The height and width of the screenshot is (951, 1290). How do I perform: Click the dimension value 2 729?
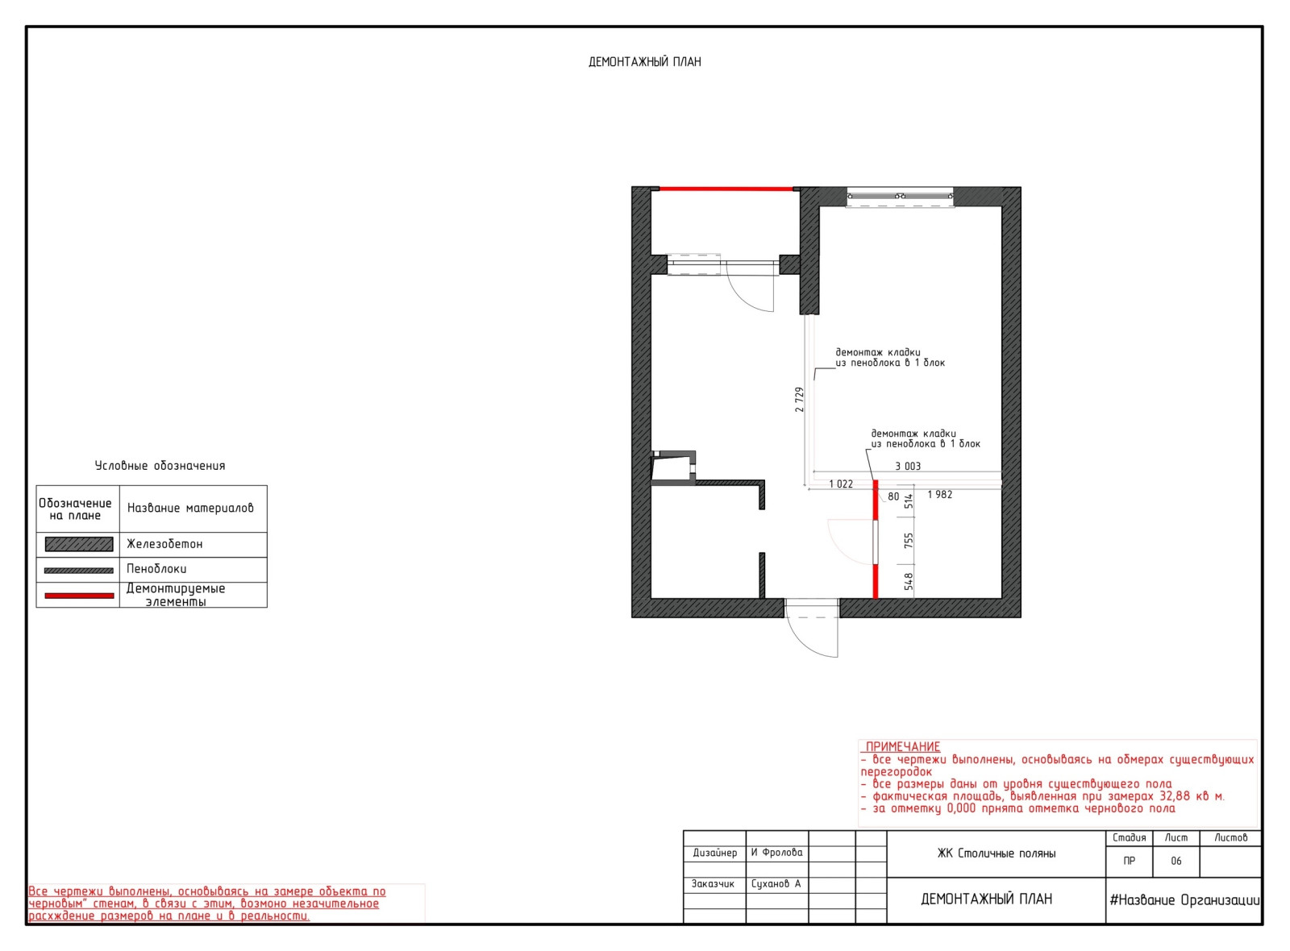point(799,400)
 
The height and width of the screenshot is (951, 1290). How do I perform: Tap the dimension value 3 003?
point(908,467)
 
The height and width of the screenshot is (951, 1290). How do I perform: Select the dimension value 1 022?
point(841,484)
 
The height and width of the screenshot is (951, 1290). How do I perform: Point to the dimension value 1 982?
point(940,495)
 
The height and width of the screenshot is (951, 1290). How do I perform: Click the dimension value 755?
point(909,541)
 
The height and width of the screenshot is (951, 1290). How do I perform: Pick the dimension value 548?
point(909,581)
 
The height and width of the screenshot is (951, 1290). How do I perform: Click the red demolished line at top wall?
point(726,189)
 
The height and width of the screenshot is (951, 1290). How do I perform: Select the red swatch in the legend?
point(79,596)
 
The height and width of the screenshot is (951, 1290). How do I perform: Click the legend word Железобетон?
point(164,544)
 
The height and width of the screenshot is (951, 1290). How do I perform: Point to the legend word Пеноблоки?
point(156,569)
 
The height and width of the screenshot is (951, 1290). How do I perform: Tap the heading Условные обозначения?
point(160,466)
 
